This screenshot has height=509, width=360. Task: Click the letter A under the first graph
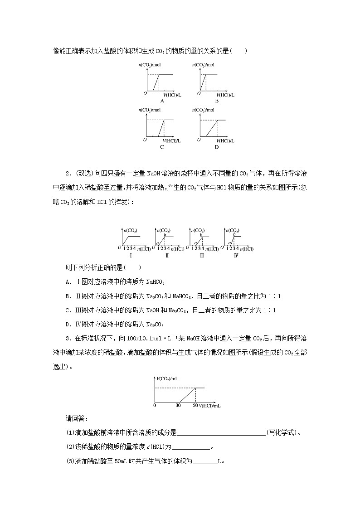pos(150,101)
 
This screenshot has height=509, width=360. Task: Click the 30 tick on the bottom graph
pos(178,405)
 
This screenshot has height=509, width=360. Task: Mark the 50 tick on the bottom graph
pos(195,405)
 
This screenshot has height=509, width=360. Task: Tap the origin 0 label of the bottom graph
pos(155,405)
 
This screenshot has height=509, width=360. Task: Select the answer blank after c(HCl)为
pos(191,447)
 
